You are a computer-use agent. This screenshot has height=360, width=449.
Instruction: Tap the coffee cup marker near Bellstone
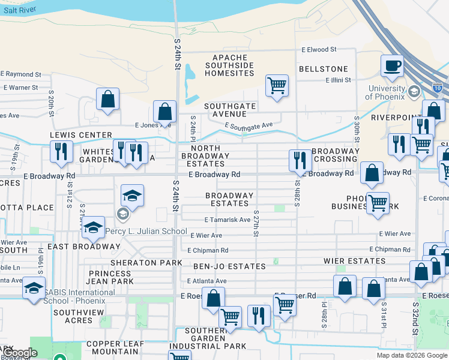(393, 65)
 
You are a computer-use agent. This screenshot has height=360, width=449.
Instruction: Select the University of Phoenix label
(387, 92)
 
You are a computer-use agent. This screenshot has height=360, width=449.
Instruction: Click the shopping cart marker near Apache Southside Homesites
(277, 85)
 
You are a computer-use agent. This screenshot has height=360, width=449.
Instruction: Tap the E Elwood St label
(319, 50)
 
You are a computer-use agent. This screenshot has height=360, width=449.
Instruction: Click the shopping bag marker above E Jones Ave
(164, 111)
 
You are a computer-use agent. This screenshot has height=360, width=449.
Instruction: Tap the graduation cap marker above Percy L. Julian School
(132, 195)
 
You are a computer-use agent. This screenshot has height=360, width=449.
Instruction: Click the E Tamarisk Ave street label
(227, 220)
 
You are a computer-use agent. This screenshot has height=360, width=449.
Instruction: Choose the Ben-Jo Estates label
(229, 266)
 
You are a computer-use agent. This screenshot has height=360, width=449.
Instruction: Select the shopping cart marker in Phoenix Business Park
(378, 203)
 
